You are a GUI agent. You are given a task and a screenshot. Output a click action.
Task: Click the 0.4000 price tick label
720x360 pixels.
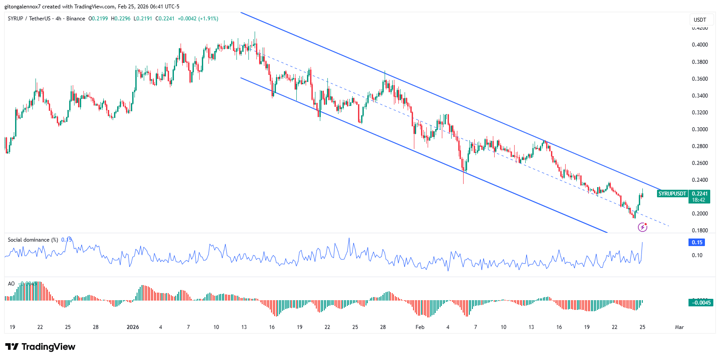click(x=700, y=45)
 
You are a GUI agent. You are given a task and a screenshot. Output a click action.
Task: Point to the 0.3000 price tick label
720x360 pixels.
click(x=700, y=129)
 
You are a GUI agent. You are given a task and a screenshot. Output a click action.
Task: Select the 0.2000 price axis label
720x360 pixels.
click(x=700, y=214)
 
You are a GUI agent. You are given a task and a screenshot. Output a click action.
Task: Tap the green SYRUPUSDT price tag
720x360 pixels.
click(x=672, y=194)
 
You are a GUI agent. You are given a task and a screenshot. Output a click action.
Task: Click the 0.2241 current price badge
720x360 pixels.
click(x=700, y=194)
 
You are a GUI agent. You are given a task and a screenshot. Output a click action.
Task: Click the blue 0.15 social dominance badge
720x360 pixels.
click(x=697, y=243)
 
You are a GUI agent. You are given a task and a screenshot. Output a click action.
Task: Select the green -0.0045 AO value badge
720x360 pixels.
click(x=701, y=303)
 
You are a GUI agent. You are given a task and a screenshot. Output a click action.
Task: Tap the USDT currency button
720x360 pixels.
click(x=700, y=20)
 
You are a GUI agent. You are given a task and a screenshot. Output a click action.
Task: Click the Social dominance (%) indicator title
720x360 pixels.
click(x=33, y=240)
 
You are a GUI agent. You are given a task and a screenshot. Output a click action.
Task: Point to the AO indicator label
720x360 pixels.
click(x=11, y=284)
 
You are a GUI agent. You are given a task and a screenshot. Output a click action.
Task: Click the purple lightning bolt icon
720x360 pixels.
click(x=642, y=227)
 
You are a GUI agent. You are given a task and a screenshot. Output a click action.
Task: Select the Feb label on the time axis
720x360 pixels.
click(x=420, y=327)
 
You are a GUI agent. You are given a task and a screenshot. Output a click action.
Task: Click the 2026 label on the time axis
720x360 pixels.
click(x=133, y=327)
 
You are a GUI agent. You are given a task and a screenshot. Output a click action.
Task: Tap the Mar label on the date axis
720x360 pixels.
click(x=679, y=327)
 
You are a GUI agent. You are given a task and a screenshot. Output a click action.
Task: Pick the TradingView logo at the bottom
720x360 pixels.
click(x=40, y=347)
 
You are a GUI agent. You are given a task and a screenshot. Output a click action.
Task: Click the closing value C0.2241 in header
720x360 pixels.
click(x=165, y=19)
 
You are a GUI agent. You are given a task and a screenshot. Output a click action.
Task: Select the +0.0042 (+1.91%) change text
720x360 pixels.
click(x=198, y=19)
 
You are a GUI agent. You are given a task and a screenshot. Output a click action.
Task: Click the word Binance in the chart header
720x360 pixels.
click(x=75, y=19)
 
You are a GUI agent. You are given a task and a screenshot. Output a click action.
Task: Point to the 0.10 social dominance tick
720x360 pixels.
click(x=697, y=255)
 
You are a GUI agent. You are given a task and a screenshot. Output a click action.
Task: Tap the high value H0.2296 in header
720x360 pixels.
click(x=121, y=19)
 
